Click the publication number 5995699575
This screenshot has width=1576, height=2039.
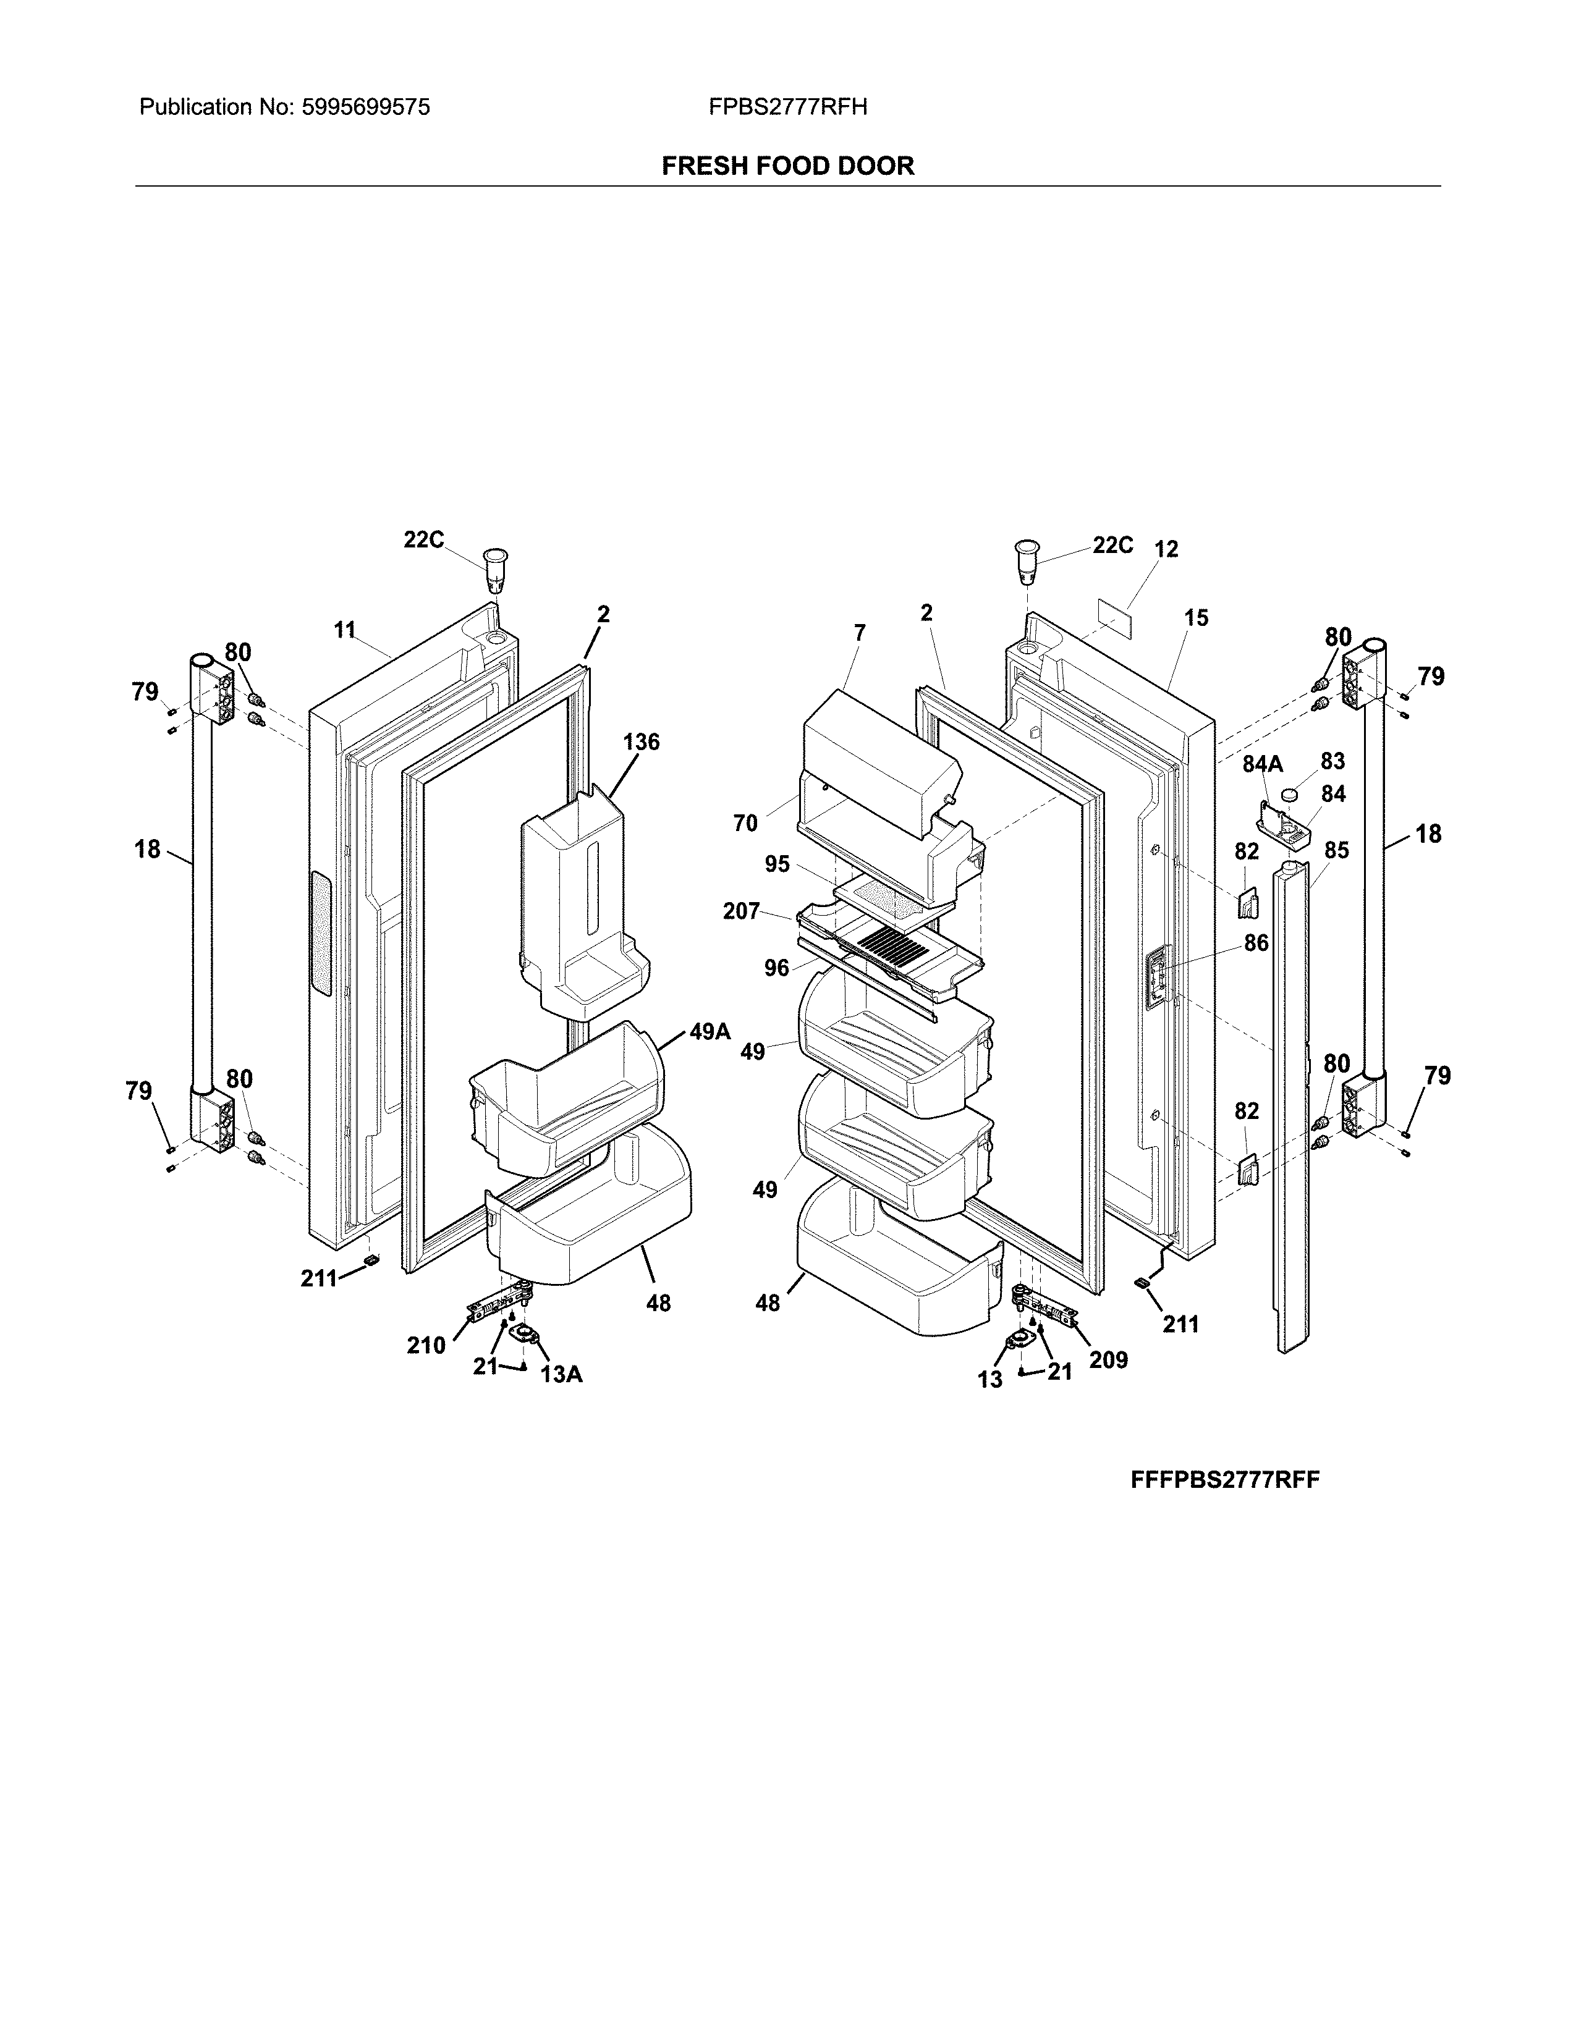pos(365,108)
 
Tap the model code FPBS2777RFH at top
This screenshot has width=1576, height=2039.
pos(787,108)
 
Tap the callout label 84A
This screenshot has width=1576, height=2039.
pos(1262,765)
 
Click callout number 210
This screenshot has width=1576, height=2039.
pos(426,1345)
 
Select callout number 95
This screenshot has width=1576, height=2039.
pos(777,864)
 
